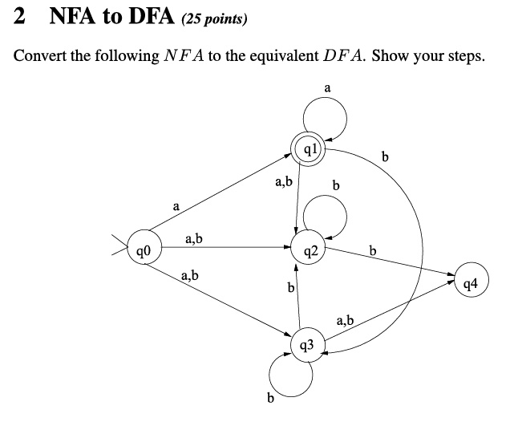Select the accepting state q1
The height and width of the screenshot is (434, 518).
point(311,150)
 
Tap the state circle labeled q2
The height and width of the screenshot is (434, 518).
point(309,251)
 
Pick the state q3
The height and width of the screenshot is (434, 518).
point(310,346)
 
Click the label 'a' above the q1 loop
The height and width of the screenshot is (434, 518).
point(327,87)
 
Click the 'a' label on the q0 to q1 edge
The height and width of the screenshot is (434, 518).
point(176,207)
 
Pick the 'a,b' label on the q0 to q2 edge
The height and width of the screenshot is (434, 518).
point(193,238)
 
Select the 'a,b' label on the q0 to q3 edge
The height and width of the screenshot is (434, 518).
point(190,277)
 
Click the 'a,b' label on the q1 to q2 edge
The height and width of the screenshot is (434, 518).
point(283,183)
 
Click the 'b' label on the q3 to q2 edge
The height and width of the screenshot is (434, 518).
point(291,287)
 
